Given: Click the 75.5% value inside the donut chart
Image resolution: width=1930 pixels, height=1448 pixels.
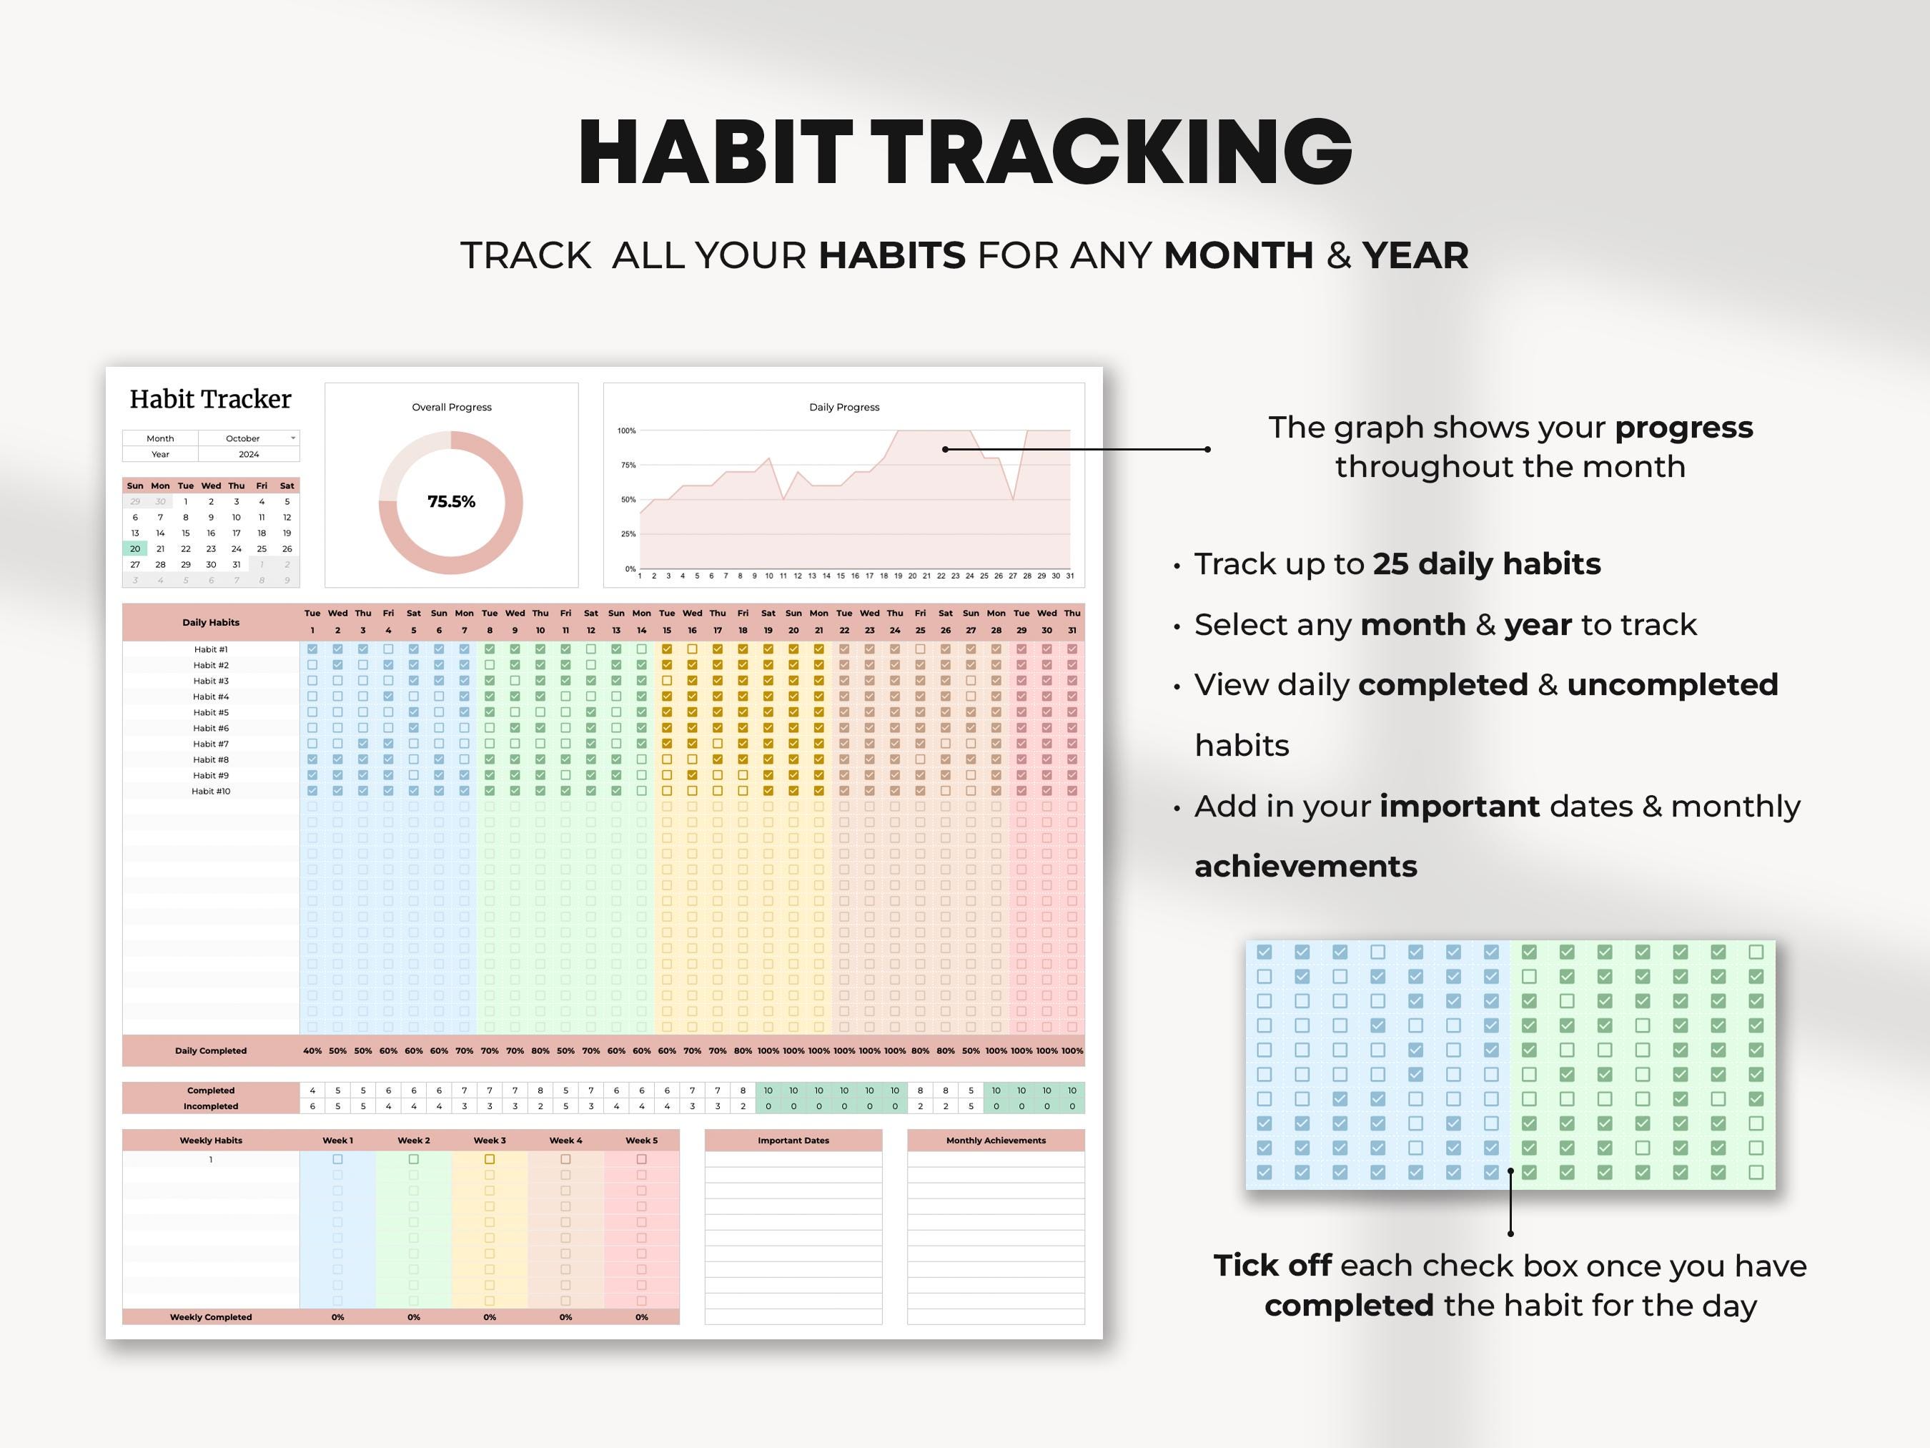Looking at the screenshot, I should pos(451,502).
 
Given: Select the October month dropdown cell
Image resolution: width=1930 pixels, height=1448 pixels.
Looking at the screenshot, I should pos(248,438).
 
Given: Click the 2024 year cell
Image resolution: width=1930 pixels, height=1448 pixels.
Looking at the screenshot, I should pos(249,454).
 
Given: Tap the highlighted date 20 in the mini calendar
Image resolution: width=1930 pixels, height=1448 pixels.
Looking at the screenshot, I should pos(135,549).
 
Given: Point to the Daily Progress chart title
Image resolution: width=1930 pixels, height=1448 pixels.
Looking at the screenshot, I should pos(843,407).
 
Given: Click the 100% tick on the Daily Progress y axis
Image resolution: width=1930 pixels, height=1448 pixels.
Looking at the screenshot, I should pos(626,430).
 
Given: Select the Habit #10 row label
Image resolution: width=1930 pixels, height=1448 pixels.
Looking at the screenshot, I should pos(210,791).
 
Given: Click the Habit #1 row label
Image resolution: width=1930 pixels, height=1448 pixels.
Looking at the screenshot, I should pos(210,649).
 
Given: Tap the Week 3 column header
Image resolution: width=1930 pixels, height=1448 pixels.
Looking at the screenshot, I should pos(490,1140).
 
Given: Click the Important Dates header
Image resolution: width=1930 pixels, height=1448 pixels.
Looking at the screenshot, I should pos(793,1140).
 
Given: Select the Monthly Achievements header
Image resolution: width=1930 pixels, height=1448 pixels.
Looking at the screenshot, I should pos(996,1140).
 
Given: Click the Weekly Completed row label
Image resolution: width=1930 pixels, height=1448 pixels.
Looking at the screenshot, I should pos(210,1317).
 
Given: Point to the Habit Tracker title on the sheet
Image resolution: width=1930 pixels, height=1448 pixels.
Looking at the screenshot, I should pos(210,399).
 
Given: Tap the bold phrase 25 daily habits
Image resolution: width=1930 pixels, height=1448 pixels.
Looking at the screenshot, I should pos(1487,564).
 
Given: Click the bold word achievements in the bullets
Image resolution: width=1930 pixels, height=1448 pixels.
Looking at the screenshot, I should pos(1305,866).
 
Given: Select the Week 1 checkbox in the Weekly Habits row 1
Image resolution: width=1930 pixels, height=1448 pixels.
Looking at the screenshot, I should pos(337,1159).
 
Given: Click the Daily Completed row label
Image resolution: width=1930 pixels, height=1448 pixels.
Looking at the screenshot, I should pos(210,1050).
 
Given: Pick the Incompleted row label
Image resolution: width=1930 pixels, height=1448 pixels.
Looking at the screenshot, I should pos(210,1106).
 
